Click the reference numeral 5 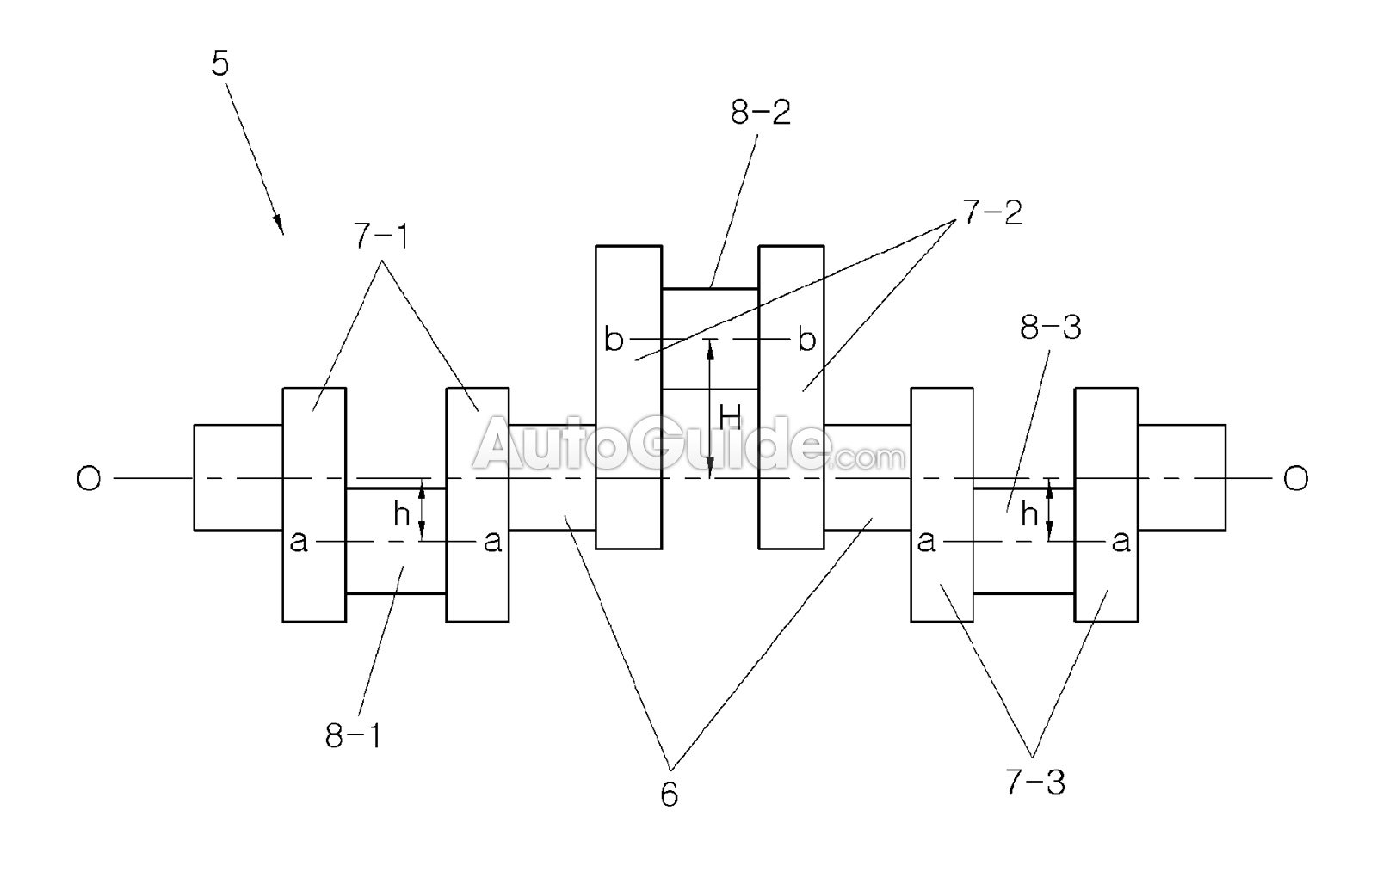pyautogui.click(x=220, y=65)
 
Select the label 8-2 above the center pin pyautogui.click(x=761, y=113)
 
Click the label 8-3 pyautogui.click(x=1051, y=328)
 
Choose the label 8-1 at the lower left pyautogui.click(x=354, y=736)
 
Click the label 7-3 pyautogui.click(x=1034, y=783)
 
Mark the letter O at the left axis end pyautogui.click(x=89, y=479)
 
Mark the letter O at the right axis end pyautogui.click(x=1295, y=479)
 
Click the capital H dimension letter pyautogui.click(x=730, y=418)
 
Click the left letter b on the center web pyautogui.click(x=613, y=341)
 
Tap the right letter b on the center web pyautogui.click(x=806, y=341)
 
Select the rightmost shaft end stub pyautogui.click(x=1182, y=477)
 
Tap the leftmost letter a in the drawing pyautogui.click(x=299, y=542)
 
